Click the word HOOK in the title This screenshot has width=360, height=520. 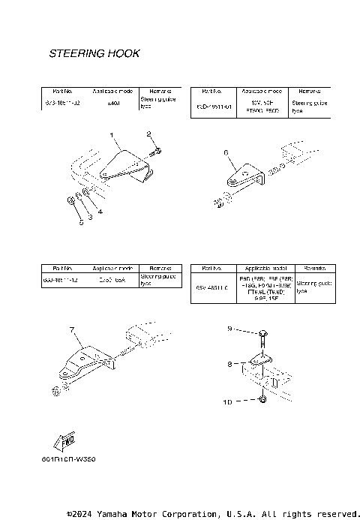point(123,54)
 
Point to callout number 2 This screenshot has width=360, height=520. point(149,134)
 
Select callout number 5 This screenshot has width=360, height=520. point(80,223)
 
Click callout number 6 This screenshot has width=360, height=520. point(225,152)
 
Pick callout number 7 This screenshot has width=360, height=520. point(72,329)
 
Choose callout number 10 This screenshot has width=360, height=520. point(228,401)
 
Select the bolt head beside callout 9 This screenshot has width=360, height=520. point(262,332)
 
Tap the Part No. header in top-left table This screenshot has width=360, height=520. point(57,90)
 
